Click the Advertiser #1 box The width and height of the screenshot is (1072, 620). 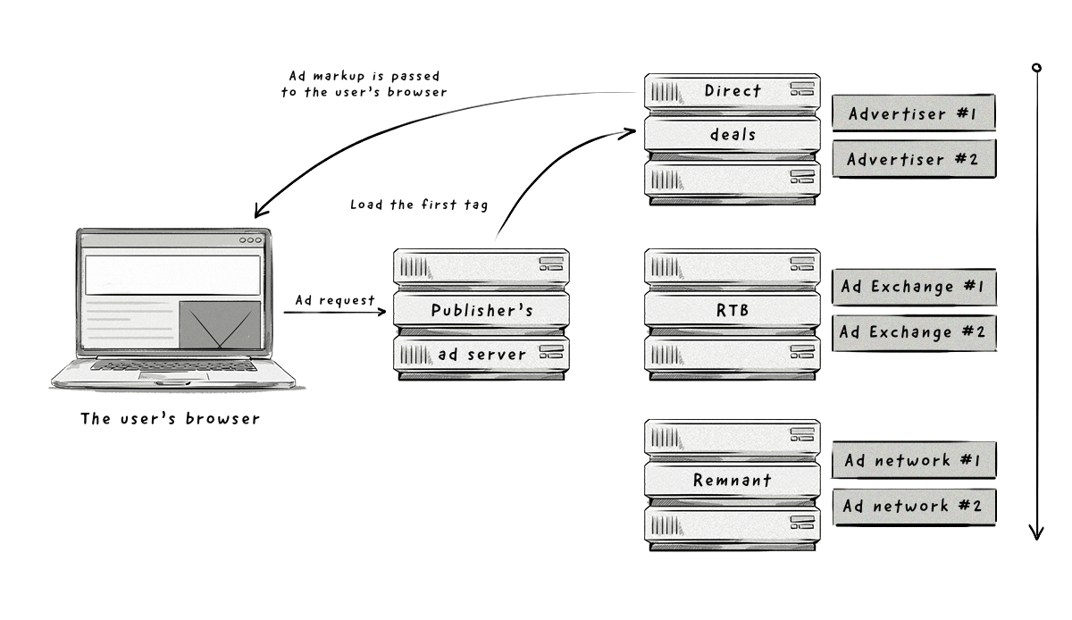tap(912, 113)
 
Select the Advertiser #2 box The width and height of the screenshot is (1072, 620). tap(912, 159)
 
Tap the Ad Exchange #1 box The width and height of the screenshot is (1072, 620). tap(912, 287)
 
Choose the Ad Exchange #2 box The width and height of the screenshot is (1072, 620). tap(912, 331)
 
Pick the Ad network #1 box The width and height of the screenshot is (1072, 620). tap(912, 460)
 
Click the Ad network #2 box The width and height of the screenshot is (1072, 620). tap(912, 506)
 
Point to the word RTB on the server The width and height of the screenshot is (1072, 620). tap(732, 309)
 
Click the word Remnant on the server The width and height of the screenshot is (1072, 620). tap(732, 481)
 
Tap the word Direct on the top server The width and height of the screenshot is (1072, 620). tap(733, 90)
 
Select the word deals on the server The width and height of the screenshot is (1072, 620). tap(733, 135)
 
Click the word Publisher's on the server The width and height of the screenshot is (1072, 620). tap(482, 311)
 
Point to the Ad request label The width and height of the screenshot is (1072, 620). tap(335, 300)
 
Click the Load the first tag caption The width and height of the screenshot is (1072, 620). tap(419, 205)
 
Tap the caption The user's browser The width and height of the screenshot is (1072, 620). tap(170, 418)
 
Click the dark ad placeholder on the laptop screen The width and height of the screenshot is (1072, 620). tap(220, 324)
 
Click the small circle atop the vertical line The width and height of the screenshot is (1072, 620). tap(1036, 68)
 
